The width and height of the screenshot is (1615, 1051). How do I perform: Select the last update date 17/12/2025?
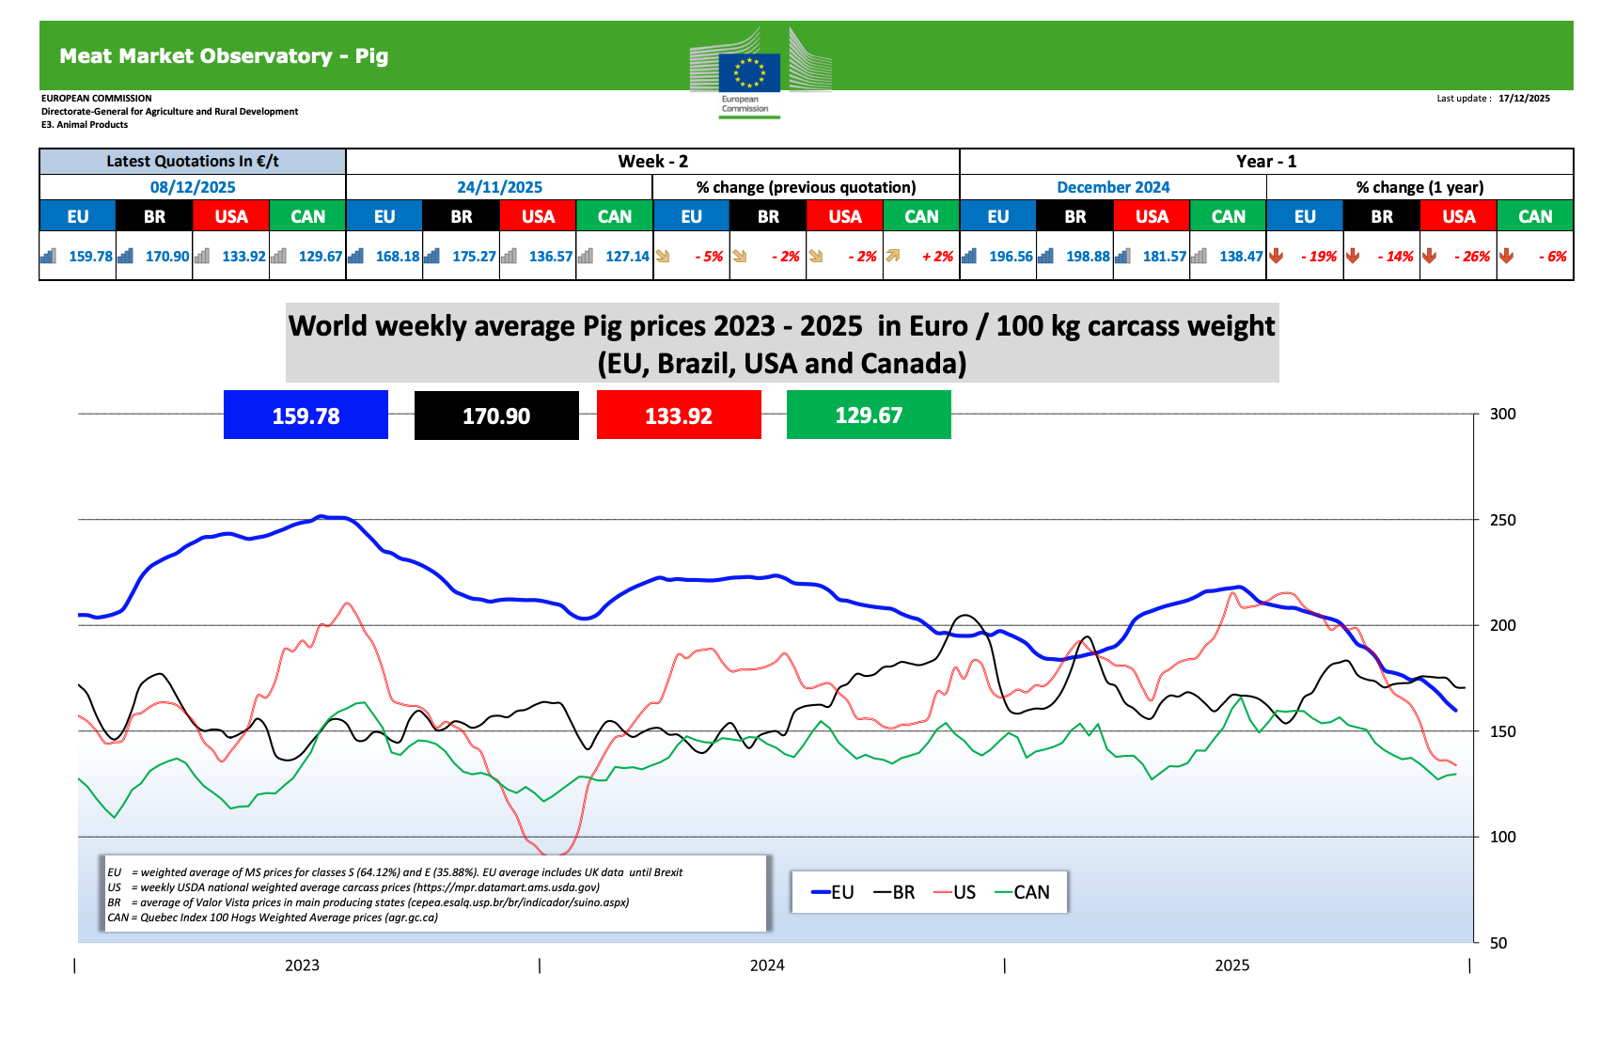1524,98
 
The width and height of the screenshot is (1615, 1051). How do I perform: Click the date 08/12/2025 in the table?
193,187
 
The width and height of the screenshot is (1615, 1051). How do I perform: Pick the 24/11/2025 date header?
499,187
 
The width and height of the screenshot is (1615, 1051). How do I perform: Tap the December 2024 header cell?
1113,187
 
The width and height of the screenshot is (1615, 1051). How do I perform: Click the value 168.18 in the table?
397,256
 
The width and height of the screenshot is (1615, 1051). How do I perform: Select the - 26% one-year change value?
1471,256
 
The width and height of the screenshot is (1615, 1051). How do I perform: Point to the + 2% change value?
936,256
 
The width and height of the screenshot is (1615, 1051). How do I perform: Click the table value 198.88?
1088,256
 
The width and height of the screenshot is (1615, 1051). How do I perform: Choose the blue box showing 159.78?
306,416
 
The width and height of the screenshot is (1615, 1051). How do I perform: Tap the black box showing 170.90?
496,416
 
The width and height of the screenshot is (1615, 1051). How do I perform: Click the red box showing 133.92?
679,416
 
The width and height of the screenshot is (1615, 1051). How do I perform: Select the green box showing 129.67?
869,416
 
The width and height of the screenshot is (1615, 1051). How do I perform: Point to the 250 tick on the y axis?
1502,520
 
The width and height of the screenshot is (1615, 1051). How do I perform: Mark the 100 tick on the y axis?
1502,837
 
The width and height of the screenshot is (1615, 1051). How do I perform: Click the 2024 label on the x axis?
767,965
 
